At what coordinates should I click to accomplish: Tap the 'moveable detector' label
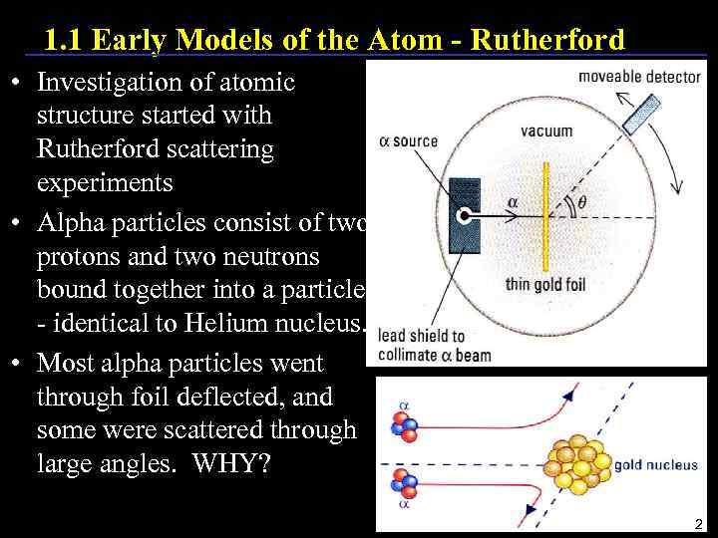pos(639,77)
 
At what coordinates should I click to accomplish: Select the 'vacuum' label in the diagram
pos(546,131)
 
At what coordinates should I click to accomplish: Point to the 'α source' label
pos(409,140)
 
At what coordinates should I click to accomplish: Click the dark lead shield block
pos(465,214)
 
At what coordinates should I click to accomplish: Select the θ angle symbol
pos(583,203)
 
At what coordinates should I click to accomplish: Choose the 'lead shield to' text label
pos(422,337)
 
